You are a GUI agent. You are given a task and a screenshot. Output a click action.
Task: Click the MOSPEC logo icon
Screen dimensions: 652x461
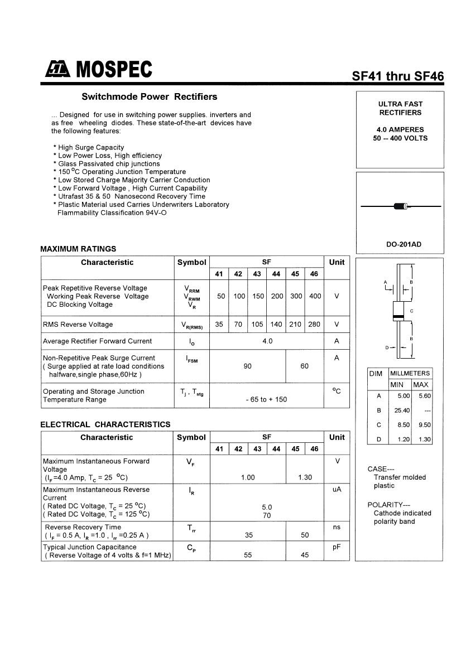[57, 69]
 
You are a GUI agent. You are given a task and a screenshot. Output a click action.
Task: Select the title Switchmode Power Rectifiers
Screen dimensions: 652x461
[149, 96]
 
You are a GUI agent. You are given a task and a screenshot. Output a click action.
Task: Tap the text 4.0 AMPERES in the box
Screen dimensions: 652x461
[400, 129]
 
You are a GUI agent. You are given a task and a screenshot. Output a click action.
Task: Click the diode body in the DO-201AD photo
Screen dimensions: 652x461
[401, 206]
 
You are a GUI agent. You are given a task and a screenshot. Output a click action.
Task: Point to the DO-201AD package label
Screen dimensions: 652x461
[400, 244]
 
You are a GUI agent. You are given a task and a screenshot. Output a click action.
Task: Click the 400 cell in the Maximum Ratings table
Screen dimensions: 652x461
[315, 296]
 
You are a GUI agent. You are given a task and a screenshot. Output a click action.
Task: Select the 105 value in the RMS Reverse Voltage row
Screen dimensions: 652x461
[257, 324]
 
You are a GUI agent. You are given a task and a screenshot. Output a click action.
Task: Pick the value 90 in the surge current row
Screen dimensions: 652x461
[247, 366]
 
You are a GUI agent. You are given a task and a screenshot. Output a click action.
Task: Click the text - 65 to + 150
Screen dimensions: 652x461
[266, 399]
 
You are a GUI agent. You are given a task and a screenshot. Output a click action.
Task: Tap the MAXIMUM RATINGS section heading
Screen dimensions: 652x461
[78, 249]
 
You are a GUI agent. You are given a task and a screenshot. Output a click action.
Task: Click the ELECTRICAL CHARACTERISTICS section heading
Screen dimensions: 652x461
[105, 424]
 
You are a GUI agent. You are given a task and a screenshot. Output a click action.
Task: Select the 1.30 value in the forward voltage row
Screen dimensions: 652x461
[305, 477]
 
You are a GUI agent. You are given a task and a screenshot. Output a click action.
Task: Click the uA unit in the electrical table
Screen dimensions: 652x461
[337, 489]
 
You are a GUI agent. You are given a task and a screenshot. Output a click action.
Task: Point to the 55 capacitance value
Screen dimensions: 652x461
[247, 555]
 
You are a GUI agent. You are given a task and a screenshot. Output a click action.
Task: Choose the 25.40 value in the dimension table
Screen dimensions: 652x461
[402, 410]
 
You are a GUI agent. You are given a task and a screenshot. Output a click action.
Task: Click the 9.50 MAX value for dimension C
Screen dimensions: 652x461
[424, 424]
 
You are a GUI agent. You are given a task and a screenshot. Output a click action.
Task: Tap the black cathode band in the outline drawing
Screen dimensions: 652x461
[398, 317]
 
